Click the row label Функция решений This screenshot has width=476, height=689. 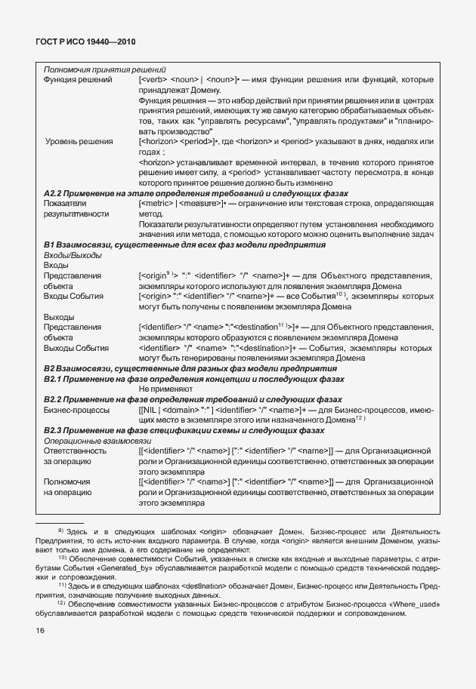77,79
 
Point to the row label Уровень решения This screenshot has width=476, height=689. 79,140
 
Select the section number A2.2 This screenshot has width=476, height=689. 56,193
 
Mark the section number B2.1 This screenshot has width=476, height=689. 56,379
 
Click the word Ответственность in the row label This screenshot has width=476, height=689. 75,450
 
